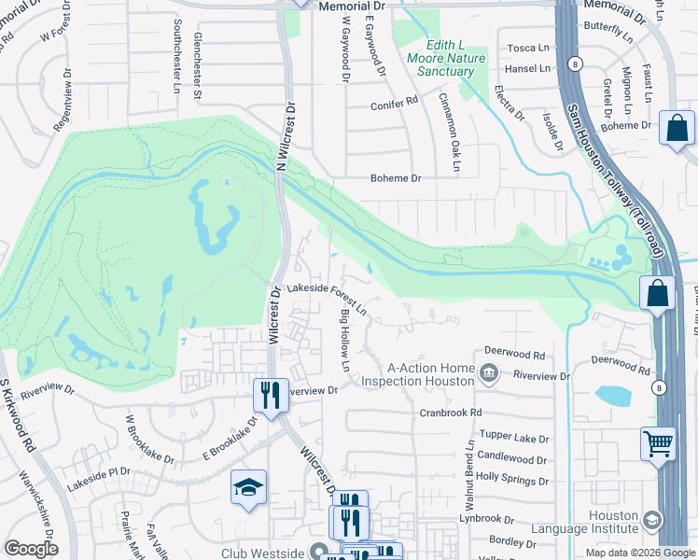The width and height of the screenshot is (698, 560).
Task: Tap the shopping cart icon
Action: click(x=658, y=443)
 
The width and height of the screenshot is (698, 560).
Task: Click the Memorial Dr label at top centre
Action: click(x=345, y=6)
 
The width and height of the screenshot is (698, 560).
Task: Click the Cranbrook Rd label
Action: click(x=450, y=412)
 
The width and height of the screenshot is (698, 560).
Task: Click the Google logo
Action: click(x=30, y=548)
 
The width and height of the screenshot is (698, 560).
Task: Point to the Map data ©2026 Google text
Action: click(x=639, y=553)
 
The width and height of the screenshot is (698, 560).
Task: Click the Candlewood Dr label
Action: click(x=512, y=459)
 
